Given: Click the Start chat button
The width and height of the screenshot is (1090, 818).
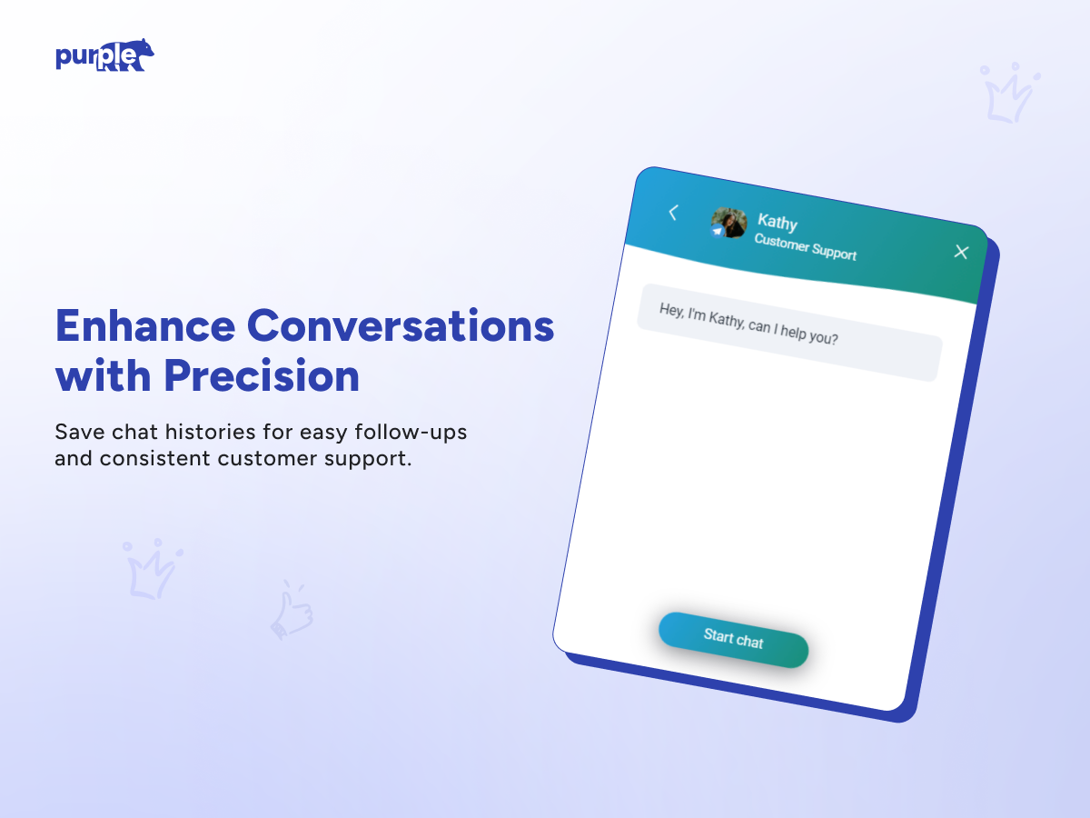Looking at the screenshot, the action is (733, 639).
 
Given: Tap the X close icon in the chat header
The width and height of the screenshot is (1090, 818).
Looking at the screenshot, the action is (961, 252).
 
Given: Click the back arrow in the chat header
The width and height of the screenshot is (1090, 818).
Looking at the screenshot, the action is (673, 213).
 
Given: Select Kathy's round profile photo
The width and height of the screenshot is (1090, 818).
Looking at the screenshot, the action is (728, 223).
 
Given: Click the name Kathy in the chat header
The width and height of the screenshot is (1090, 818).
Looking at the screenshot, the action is (778, 222).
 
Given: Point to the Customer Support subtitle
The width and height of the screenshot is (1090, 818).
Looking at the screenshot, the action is (806, 247).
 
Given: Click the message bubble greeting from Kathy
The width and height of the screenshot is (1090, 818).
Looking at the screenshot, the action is (789, 333).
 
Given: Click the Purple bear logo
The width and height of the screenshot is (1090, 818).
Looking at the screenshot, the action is (104, 55).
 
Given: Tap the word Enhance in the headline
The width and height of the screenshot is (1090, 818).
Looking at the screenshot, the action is (145, 325).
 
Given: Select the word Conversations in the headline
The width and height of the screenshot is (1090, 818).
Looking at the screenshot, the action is (401, 325).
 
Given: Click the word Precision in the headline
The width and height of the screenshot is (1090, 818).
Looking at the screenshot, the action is (262, 375).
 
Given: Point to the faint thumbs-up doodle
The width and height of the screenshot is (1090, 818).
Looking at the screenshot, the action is (292, 609).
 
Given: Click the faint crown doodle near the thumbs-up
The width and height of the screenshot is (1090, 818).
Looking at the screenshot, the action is (153, 569).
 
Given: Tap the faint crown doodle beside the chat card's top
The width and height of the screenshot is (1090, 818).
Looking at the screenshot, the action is (1010, 93).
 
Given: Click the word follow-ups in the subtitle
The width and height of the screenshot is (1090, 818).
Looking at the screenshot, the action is (411, 432).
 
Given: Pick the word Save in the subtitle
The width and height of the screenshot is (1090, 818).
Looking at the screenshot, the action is (79, 432).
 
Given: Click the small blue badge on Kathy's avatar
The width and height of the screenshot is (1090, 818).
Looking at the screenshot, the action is (717, 231).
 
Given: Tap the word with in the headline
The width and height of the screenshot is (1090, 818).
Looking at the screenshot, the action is (104, 375).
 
